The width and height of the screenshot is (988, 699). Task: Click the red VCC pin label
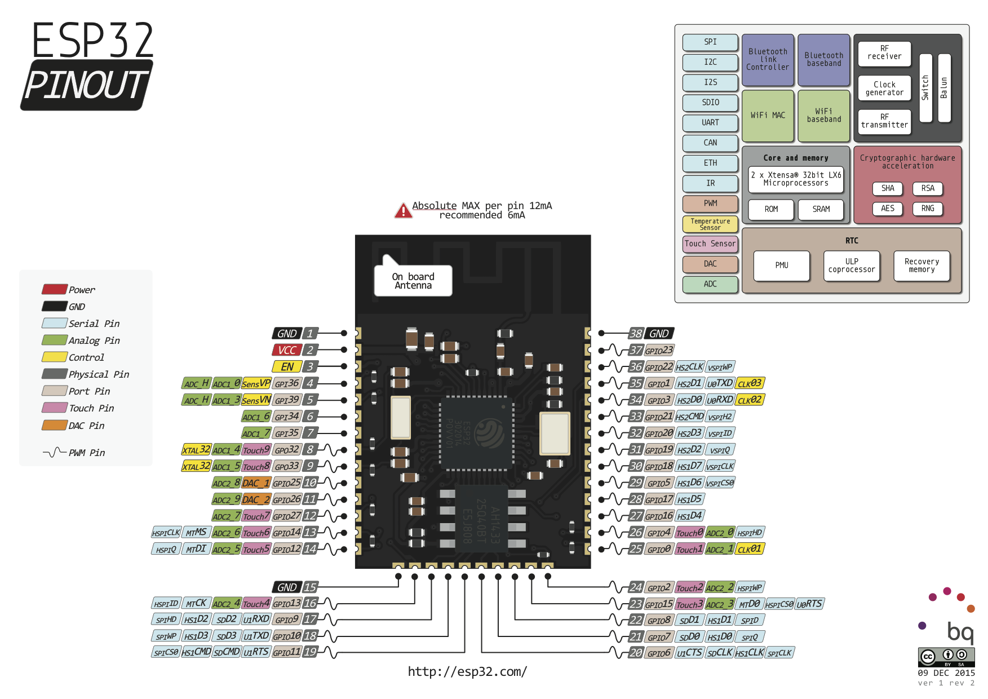(287, 350)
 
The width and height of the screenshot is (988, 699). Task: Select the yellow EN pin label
(287, 367)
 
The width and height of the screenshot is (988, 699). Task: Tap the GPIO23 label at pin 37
(659, 351)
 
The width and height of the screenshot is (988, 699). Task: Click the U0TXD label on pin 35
(720, 383)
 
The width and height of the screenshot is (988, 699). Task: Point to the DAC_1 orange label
(256, 483)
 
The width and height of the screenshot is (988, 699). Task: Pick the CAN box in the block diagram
(710, 143)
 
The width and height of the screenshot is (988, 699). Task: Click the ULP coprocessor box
(851, 266)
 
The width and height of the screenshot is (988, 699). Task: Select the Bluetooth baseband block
(823, 60)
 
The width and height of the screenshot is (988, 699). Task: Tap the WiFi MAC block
(768, 116)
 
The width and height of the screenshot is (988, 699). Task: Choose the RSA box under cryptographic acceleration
(927, 188)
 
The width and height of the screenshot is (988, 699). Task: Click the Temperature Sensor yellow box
(710, 224)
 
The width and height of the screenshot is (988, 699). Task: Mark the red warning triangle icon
(403, 211)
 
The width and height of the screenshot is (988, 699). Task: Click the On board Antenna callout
(413, 281)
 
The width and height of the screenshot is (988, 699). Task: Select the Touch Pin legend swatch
(55, 408)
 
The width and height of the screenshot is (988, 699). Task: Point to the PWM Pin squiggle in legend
(55, 452)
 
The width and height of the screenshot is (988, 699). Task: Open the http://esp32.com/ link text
(467, 671)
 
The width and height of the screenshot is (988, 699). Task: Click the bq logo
(960, 631)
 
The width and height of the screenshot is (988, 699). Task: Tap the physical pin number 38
(636, 334)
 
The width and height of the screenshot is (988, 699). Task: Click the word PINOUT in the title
(86, 85)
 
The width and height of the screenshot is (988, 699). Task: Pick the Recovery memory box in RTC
(921, 266)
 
